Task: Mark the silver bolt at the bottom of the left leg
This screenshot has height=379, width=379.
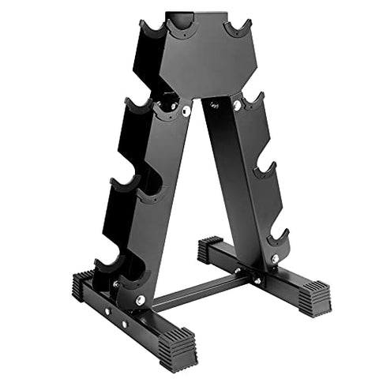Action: pyautogui.click(x=140, y=300)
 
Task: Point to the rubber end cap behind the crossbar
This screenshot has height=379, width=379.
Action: pyautogui.click(x=210, y=249)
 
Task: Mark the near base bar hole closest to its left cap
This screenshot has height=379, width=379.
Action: pyautogui.click(x=103, y=303)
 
